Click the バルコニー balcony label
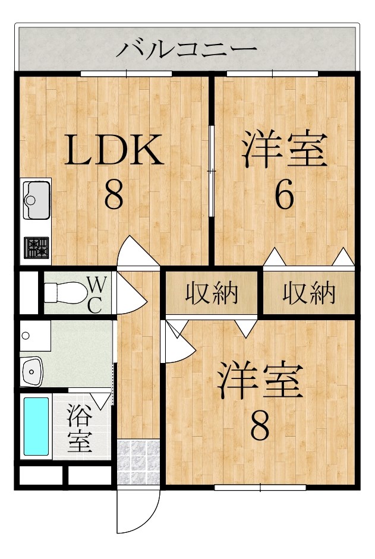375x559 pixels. tap(187, 49)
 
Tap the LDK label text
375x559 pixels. tap(114, 149)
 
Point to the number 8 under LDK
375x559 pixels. tap(114, 195)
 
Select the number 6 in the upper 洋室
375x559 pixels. tap(285, 195)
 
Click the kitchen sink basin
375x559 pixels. tap(36, 200)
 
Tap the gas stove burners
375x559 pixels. tap(36, 247)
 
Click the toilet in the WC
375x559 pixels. tap(65, 293)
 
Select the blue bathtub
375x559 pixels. tap(36, 426)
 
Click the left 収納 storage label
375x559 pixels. tap(212, 293)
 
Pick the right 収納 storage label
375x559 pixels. tap(309, 293)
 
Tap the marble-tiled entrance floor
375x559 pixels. tap(138, 462)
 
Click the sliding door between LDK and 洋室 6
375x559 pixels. tap(212, 171)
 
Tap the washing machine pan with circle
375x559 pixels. tap(35, 336)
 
